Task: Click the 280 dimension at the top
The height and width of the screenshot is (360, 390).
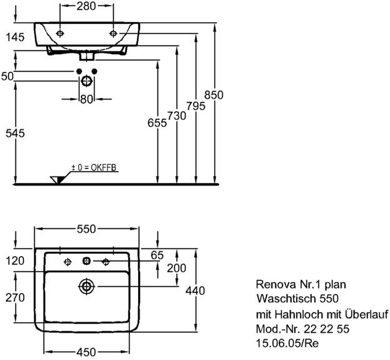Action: click(86, 6)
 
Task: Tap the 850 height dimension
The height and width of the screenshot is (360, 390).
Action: click(214, 95)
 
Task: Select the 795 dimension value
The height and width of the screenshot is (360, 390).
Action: click(196, 106)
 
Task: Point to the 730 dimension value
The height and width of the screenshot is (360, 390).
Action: click(177, 116)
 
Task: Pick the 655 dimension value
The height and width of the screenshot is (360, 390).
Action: click(157, 123)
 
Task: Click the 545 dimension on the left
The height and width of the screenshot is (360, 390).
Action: click(15, 134)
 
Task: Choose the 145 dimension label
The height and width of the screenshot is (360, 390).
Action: click(15, 37)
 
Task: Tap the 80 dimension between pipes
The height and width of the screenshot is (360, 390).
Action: click(87, 99)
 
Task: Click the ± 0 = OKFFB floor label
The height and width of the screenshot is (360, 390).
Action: click(94, 167)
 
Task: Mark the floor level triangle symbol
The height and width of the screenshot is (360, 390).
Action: click(58, 179)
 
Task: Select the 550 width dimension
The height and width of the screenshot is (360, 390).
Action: click(87, 229)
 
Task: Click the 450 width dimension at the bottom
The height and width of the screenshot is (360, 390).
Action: click(87, 352)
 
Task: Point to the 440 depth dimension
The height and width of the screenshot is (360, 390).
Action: click(195, 291)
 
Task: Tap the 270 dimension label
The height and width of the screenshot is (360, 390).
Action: click(15, 298)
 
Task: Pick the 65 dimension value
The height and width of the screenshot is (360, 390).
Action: click(157, 255)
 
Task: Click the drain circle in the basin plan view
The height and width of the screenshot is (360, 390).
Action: click(87, 287)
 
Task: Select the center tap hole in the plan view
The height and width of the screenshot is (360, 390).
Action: click(87, 261)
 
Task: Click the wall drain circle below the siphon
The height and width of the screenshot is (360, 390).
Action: click(87, 81)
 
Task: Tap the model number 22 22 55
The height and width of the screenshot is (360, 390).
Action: click(326, 329)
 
